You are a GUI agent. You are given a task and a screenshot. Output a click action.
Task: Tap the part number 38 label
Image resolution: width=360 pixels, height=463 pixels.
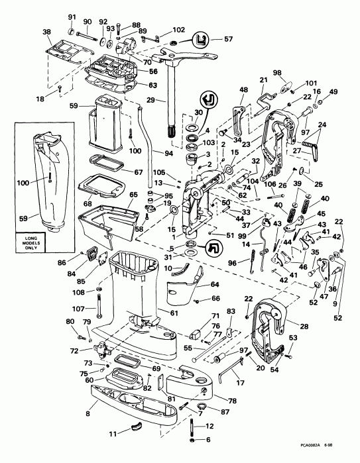click(46, 32)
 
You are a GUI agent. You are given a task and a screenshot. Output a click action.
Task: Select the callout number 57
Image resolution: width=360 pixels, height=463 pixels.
click(229, 40)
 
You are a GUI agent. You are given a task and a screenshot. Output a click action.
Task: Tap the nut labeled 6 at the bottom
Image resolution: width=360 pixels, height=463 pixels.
click(193, 439)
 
